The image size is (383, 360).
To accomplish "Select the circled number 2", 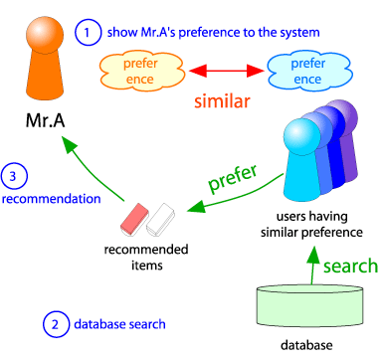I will coord(56,323).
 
